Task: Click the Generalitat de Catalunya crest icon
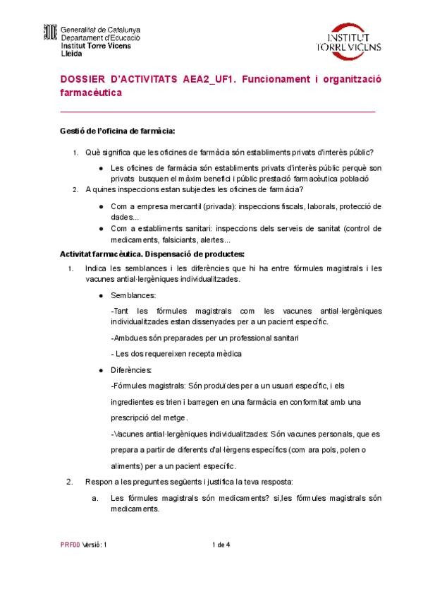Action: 50,33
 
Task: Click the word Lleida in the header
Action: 72,53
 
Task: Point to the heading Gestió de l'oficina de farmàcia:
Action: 116,131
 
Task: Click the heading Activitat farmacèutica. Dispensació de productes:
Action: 152,254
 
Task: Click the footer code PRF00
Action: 70,545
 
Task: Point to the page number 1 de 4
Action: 221,545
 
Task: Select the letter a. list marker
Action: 94,498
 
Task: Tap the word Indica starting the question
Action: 97,268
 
